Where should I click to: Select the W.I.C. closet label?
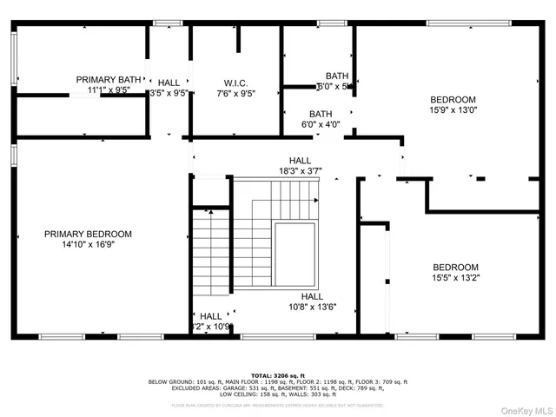(236, 83)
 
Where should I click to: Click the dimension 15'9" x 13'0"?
(453, 110)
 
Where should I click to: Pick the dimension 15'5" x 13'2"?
(455, 278)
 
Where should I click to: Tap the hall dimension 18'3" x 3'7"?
(301, 171)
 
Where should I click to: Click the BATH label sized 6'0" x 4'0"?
(321, 114)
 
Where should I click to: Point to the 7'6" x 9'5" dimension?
(236, 94)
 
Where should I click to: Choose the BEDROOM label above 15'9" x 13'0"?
(453, 99)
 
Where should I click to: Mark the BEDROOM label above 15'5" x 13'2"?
(455, 267)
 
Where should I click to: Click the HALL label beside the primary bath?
(169, 83)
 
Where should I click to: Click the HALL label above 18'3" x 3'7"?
(301, 161)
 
